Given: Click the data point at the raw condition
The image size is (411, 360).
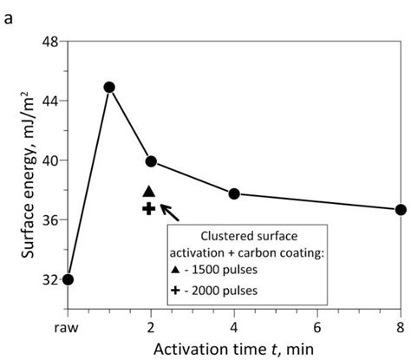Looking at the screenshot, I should pyautogui.click(x=68, y=279).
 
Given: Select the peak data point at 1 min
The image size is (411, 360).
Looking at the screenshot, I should pyautogui.click(x=109, y=88).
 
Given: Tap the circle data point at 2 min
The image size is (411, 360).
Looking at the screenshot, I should pyautogui.click(x=151, y=161).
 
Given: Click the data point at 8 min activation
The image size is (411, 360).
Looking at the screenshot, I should pyautogui.click(x=401, y=210).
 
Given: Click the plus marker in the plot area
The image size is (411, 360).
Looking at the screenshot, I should pyautogui.click(x=148, y=208).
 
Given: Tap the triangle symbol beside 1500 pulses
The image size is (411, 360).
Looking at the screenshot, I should pyautogui.click(x=176, y=270).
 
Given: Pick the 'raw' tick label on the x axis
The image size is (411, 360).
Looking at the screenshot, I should pyautogui.click(x=68, y=326).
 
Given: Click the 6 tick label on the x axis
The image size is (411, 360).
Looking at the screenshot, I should pyautogui.click(x=317, y=326).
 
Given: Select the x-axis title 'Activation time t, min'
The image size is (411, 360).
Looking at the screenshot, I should pyautogui.click(x=234, y=348).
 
